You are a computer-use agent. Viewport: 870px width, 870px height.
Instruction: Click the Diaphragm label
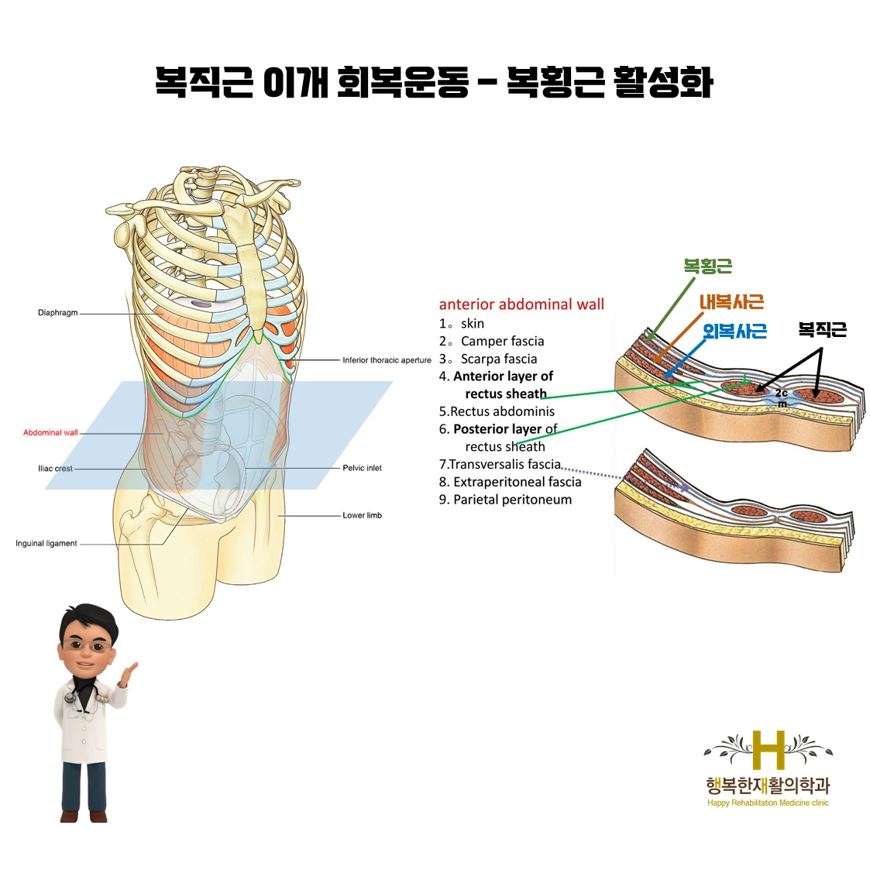57,313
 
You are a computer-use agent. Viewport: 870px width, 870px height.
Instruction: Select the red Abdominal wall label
50,432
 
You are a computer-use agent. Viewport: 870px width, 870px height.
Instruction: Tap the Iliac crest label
55,469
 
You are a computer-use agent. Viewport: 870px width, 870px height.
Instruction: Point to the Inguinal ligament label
46,544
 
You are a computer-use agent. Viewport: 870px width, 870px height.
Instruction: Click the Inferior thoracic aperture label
387,360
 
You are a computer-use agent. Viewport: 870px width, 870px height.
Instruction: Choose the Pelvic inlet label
362,468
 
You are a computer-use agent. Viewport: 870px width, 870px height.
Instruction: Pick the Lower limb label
362,515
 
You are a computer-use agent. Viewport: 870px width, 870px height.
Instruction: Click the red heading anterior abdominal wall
521,304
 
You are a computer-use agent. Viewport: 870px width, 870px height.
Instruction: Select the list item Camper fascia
502,341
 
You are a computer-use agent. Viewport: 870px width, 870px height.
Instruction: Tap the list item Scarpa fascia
498,359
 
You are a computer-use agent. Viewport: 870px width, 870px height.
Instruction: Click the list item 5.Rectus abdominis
497,411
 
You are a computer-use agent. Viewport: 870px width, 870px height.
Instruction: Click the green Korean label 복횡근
707,267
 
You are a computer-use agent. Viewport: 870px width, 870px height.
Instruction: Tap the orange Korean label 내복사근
731,301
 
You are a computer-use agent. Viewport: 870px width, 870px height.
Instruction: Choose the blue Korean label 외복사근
734,332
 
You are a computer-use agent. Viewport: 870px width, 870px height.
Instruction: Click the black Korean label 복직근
822,330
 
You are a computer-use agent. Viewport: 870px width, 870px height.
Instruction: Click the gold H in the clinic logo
769,751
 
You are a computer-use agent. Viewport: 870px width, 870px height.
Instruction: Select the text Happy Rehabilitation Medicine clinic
768,803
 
